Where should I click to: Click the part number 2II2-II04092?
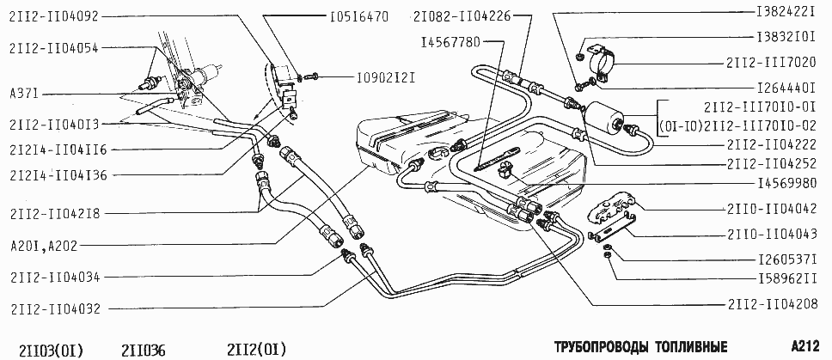53,16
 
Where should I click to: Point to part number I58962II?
787,278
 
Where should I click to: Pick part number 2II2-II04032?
53,308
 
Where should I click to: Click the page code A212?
806,346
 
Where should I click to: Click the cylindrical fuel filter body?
606,118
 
